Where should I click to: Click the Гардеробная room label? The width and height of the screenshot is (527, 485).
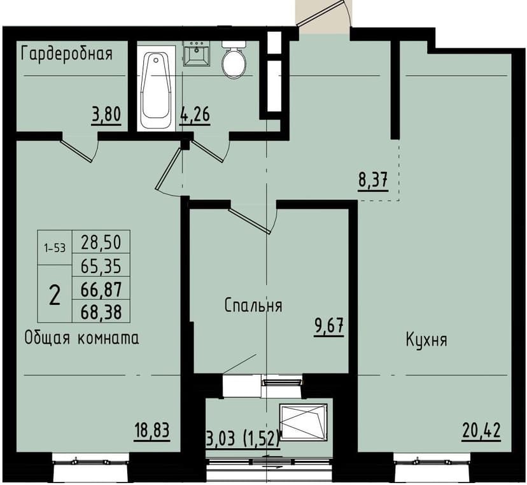pos(67,53)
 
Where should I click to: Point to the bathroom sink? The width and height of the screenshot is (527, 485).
pos(197,53)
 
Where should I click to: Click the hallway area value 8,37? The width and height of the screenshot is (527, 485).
pos(372,181)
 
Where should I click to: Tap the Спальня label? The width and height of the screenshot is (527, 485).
pos(253,306)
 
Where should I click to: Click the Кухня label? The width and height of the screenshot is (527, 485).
pos(426,339)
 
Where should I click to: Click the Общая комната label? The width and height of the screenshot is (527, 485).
pos(81,338)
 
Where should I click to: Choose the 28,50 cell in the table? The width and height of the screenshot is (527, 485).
pos(102,242)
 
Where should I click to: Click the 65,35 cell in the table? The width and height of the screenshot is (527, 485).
pos(102,265)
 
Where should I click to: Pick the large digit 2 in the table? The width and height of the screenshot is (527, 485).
pos(55,295)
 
